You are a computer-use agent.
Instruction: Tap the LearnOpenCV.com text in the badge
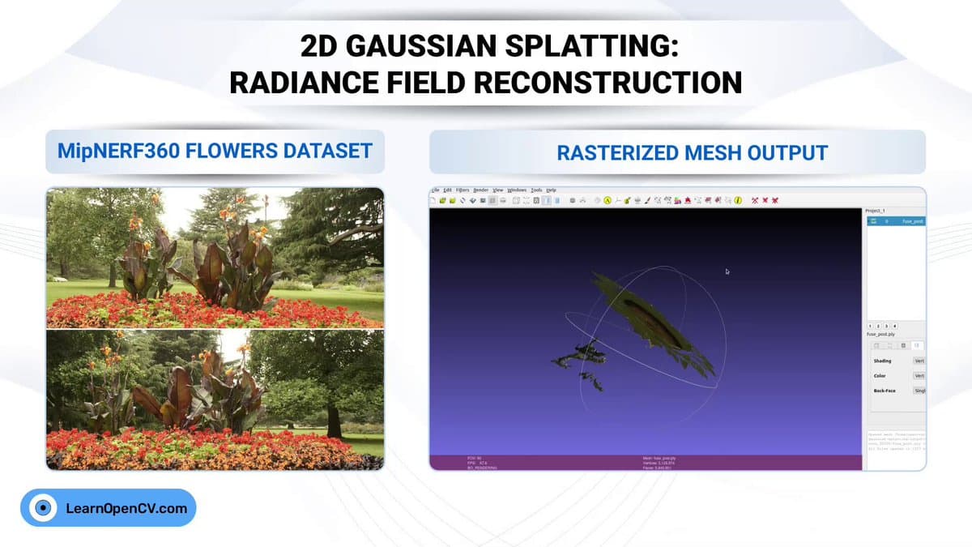click(126, 509)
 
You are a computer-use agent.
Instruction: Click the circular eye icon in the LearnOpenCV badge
click(43, 509)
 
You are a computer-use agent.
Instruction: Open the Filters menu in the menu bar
click(462, 190)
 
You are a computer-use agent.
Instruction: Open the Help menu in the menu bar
click(551, 190)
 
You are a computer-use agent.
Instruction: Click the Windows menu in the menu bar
click(517, 190)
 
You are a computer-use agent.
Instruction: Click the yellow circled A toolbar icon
click(607, 200)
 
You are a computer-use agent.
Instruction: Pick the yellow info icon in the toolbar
click(738, 200)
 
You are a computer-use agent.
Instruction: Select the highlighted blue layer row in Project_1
click(895, 220)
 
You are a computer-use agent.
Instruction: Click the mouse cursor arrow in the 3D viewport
click(727, 271)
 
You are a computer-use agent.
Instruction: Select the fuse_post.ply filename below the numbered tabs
click(880, 334)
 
